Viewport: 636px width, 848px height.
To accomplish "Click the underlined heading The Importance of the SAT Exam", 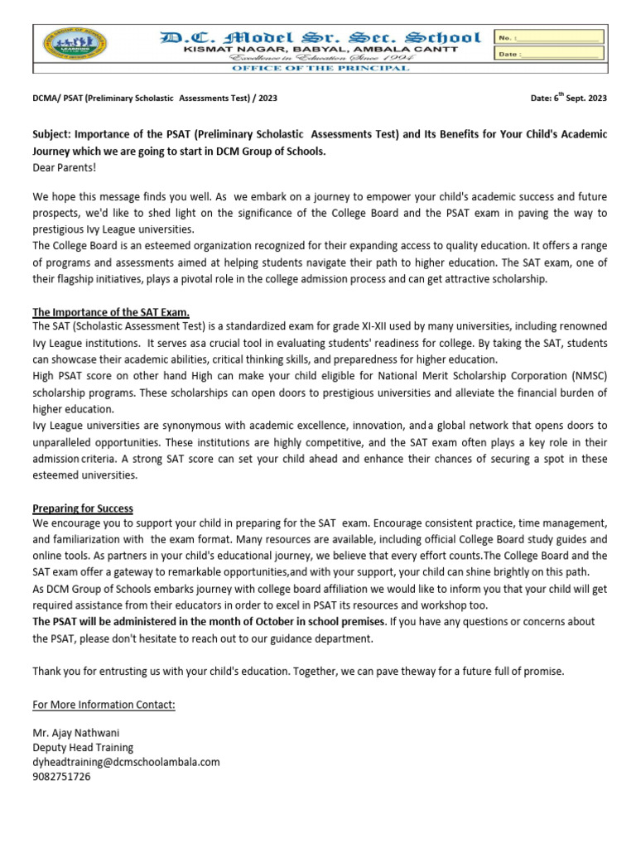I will tap(111, 312).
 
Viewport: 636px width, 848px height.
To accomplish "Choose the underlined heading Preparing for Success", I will tap(83, 508).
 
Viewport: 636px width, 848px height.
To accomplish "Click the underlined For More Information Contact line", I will tap(104, 705).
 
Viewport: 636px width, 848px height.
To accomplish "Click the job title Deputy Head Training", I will tap(83, 747).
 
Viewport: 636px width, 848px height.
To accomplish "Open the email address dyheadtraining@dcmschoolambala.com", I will tap(126, 762).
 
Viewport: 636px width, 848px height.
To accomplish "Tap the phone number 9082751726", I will tap(62, 777).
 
